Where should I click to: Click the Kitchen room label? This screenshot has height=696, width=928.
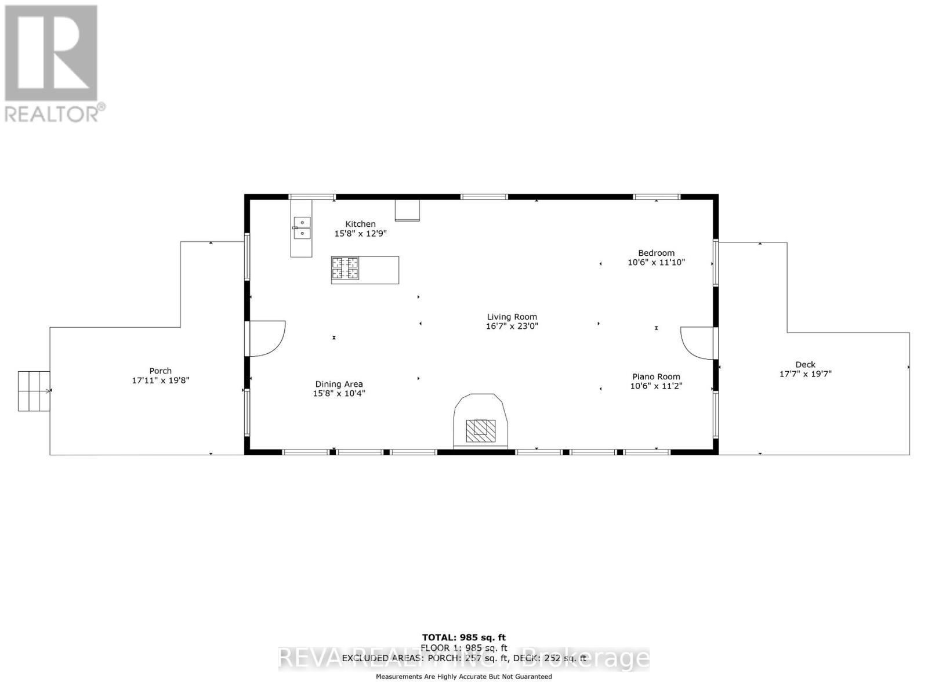[360, 224]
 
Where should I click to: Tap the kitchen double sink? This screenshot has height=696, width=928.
[302, 228]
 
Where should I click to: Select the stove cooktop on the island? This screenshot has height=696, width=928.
[345, 269]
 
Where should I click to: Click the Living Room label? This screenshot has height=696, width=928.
[512, 317]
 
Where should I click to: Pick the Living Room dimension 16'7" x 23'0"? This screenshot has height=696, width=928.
[512, 327]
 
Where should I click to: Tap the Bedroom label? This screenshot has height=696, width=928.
[656, 253]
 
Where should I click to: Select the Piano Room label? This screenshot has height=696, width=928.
[656, 376]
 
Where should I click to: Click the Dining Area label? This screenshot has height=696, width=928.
[339, 384]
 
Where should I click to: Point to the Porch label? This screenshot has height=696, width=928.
[161, 371]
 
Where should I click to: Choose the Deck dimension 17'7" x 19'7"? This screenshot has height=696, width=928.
[805, 374]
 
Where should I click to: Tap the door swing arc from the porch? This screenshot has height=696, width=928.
[268, 338]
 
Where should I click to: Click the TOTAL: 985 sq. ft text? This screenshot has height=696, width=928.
[463, 638]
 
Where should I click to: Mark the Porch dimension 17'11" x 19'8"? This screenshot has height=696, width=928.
[161, 380]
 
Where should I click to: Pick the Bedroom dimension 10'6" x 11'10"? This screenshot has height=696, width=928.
[656, 263]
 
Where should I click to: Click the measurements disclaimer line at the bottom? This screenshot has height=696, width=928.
[463, 676]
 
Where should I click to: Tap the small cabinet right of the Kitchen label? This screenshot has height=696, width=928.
[407, 211]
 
